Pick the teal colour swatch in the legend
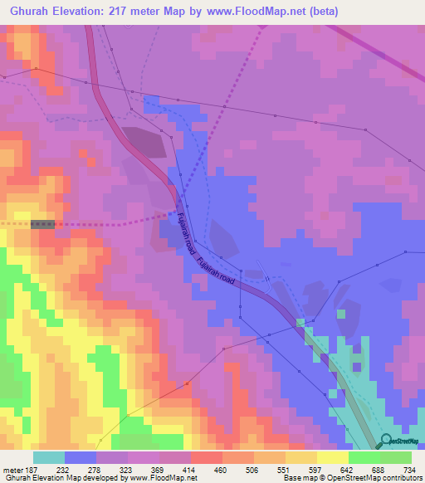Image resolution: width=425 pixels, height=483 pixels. point(49,458)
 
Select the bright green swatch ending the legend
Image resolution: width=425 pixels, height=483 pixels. point(396,458)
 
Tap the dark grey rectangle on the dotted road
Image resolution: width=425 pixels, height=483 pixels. point(43,224)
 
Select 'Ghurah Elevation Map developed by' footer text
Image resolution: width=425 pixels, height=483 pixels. point(56,479)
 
